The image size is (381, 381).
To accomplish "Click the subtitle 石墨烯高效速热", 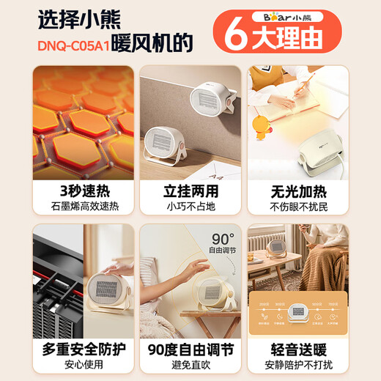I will point(83,207).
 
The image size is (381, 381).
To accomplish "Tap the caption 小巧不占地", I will point(190,207).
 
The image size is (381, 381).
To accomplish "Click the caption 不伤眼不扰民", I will point(298,207).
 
